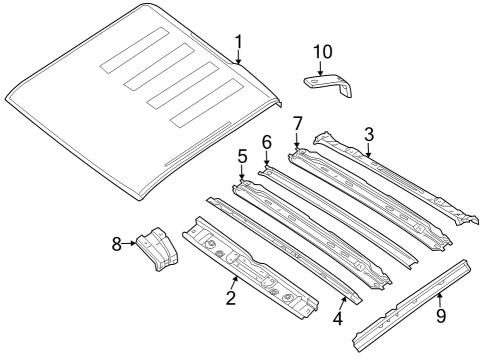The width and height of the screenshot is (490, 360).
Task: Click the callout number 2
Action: point(230,298)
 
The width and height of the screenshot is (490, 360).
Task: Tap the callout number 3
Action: point(369,135)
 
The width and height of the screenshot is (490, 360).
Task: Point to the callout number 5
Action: point(242,158)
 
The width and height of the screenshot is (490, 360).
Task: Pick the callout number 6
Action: point(267,143)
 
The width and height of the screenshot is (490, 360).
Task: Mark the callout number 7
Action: point(297,123)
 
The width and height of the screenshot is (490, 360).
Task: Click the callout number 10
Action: point(320,51)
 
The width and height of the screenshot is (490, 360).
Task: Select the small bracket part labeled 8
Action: point(155,249)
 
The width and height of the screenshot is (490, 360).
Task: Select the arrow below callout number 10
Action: point(320,70)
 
